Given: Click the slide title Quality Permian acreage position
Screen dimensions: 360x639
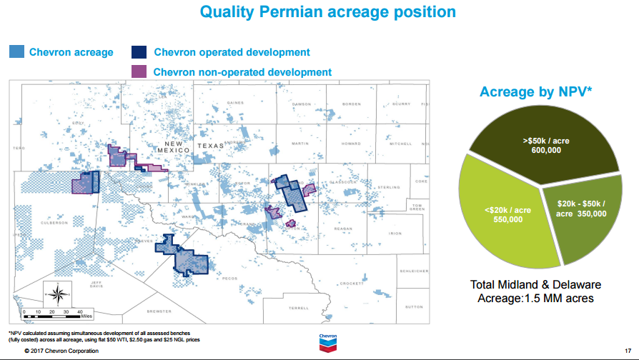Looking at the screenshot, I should [327, 12].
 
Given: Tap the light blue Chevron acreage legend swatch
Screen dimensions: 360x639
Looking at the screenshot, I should [17, 52].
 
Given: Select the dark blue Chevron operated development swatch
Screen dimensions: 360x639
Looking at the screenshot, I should [140, 52].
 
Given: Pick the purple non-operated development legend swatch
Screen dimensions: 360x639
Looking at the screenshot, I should [140, 71].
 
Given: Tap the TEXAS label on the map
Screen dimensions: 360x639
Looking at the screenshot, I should [210, 147].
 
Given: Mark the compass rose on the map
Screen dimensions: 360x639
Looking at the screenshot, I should [60, 293].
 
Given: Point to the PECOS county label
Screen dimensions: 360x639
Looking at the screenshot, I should [229, 279].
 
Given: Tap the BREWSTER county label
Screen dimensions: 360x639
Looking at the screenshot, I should [159, 311].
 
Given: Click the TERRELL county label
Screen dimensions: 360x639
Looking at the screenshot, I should [298, 308].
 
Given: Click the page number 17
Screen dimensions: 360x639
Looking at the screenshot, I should [627, 351].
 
